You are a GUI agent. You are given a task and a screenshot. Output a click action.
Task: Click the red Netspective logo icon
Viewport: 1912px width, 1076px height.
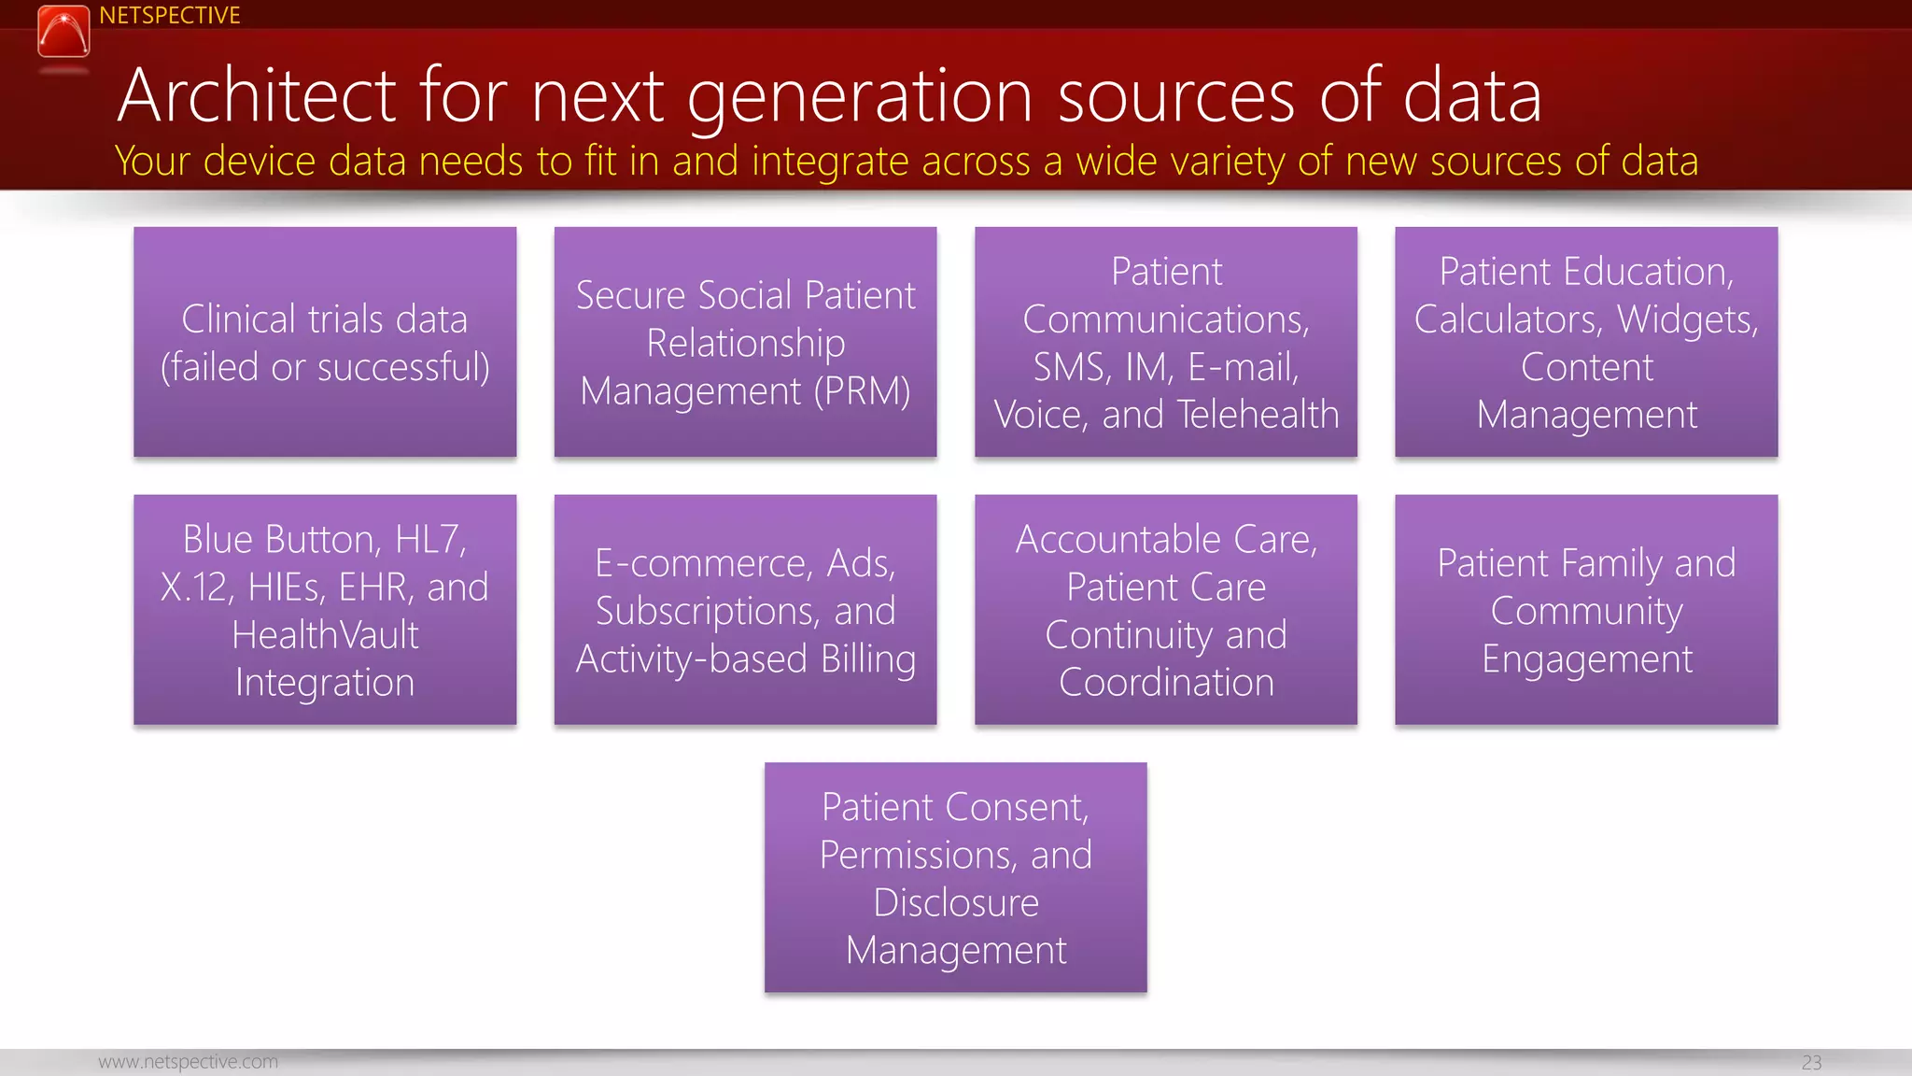point(63,32)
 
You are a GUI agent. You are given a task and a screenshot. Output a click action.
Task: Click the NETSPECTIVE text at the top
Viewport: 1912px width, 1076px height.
point(170,16)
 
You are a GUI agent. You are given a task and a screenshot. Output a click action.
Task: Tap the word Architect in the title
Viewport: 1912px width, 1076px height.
point(258,96)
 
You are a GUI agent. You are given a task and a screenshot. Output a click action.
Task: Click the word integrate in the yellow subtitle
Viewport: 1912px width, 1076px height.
point(830,162)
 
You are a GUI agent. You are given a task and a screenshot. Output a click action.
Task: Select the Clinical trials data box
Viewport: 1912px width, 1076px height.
point(325,342)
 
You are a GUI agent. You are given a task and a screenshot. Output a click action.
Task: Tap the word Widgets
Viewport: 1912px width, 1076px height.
point(1687,319)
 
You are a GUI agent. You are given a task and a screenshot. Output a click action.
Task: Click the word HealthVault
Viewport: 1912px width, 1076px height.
point(325,635)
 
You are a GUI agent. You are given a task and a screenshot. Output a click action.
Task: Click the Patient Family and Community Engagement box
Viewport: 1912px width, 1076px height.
point(1586,610)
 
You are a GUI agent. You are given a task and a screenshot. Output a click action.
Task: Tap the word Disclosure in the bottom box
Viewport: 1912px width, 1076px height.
point(956,903)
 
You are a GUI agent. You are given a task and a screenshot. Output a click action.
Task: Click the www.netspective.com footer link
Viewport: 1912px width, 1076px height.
point(188,1062)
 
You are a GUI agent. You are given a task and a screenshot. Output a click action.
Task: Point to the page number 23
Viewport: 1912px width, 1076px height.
point(1811,1063)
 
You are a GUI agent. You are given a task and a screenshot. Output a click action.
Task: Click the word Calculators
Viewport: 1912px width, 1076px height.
point(1507,319)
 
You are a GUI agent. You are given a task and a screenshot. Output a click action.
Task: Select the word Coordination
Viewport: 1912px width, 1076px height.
point(1166,683)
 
